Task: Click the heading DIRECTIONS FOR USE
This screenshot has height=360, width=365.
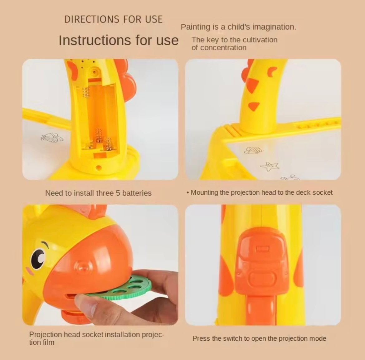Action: tap(113, 19)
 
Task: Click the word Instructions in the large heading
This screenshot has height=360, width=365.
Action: tap(95, 40)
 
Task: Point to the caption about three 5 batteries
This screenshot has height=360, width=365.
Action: tap(98, 193)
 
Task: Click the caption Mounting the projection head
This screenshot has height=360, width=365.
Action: tap(259, 192)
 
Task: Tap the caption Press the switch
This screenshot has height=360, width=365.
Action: tap(259, 338)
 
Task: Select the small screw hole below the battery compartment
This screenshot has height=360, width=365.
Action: tap(99, 167)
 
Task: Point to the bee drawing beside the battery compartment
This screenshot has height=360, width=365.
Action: tap(52, 138)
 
